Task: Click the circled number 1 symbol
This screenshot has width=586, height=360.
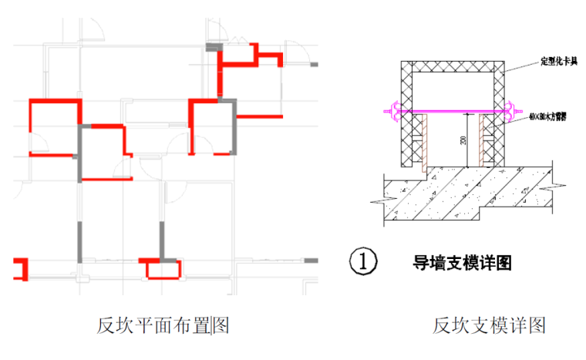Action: pos(363,261)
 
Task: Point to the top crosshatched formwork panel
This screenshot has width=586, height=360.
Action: pos(455,65)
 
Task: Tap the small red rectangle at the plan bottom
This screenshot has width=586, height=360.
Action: pos(162,267)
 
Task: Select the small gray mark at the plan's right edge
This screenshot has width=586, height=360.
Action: pos(311,261)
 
